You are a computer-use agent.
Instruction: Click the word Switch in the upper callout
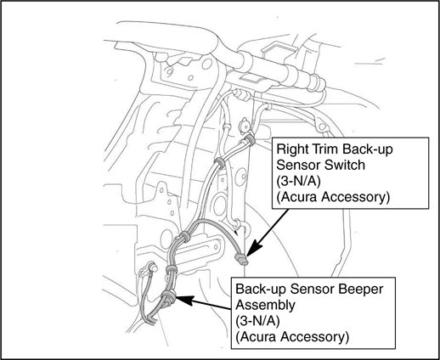pos(345,165)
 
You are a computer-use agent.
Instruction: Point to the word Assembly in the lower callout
pos(265,306)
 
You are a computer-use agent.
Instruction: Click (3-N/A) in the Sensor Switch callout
pos(298,181)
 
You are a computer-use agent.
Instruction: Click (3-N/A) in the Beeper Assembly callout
pos(257,321)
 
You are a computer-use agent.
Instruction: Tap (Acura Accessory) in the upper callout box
pos(333,197)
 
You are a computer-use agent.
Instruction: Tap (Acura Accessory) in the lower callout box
pos(292,337)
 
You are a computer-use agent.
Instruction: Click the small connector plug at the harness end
pos(240,259)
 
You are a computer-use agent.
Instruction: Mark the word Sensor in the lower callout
pos(312,290)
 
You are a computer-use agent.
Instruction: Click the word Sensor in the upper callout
pos(299,165)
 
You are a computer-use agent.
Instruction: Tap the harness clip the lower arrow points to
pos(168,296)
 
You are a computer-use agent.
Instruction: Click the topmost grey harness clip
pos(249,140)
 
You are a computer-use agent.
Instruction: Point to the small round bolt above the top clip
pos(244,125)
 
